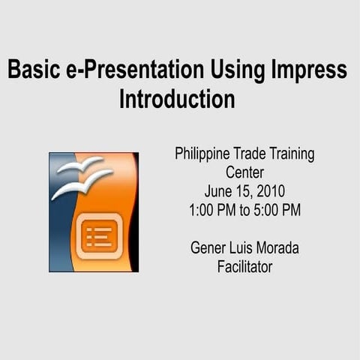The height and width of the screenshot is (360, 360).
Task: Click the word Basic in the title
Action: pyautogui.click(x=31, y=70)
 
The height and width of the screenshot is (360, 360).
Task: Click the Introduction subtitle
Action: pyautogui.click(x=177, y=99)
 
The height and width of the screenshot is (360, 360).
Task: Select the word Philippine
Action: pyautogui.click(x=201, y=154)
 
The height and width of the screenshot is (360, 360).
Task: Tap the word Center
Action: pyautogui.click(x=244, y=172)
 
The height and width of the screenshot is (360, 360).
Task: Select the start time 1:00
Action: pyautogui.click(x=203, y=210)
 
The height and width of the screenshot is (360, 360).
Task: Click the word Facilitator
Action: pyautogui.click(x=244, y=266)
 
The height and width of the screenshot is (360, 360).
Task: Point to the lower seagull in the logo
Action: pyautogui.click(x=81, y=184)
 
